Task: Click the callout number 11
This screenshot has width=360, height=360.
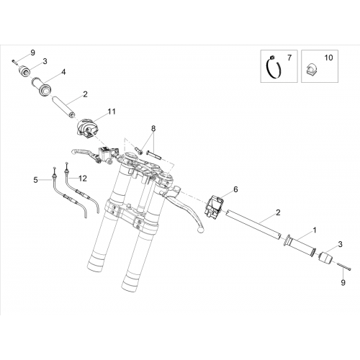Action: tap(112, 112)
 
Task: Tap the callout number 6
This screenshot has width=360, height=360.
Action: tap(235, 189)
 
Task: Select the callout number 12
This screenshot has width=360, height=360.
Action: tap(83, 179)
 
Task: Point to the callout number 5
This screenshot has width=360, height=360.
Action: tap(35, 180)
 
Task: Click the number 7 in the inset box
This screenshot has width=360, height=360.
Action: tap(289, 58)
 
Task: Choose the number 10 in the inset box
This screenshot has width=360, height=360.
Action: tap(328, 58)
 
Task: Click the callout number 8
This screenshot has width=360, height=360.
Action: tap(153, 129)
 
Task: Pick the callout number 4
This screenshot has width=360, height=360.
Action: tap(63, 72)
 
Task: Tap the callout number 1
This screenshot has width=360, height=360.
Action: tap(315, 230)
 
